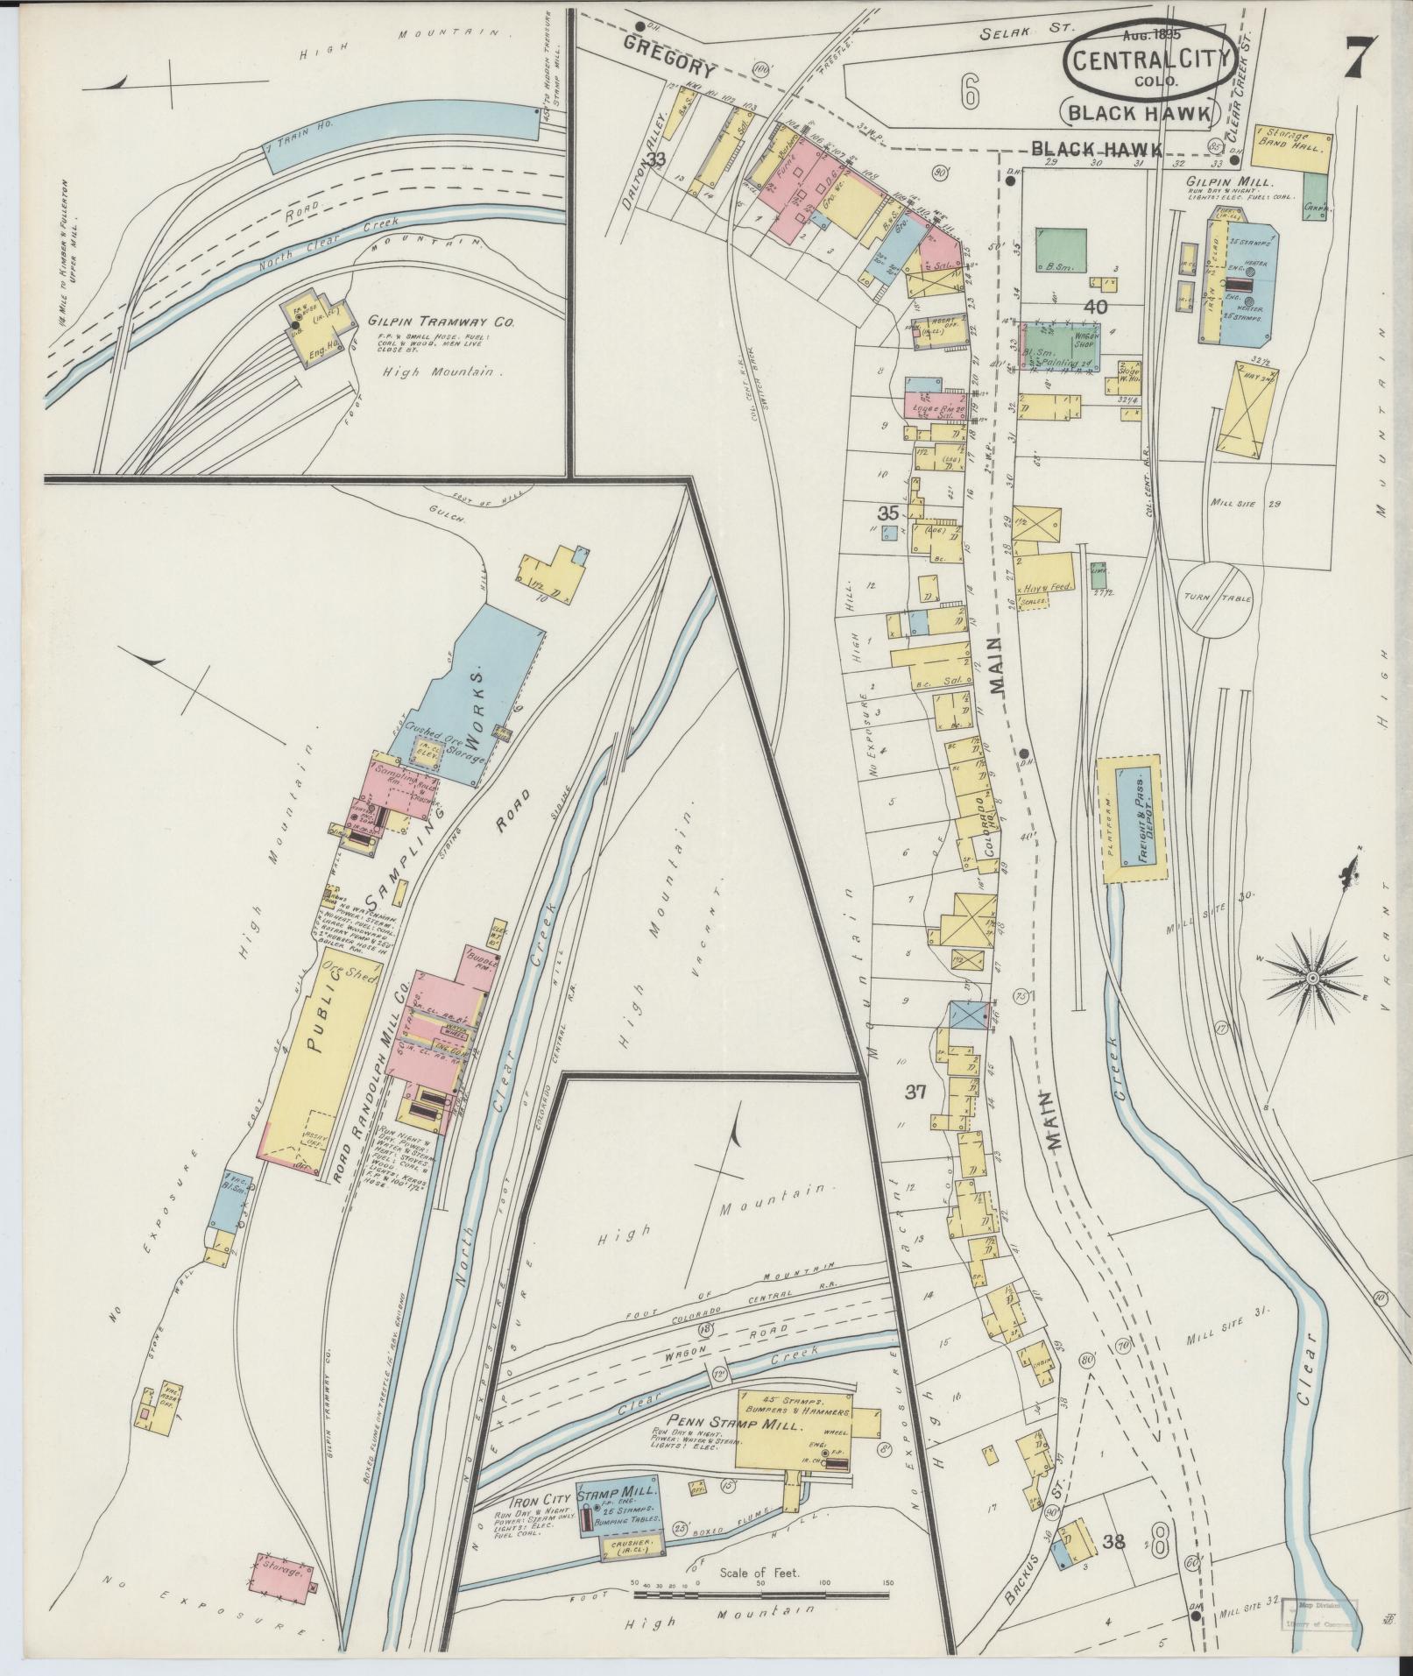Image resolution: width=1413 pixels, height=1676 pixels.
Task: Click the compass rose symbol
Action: coord(1313,977)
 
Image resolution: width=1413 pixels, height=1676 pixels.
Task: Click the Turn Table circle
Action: coord(1217,599)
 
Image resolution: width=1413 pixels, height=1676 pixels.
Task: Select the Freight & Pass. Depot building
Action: coord(1140,819)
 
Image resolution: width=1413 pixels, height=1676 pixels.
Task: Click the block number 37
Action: coord(915,1093)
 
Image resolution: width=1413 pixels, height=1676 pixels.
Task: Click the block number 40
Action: coord(1096,308)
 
